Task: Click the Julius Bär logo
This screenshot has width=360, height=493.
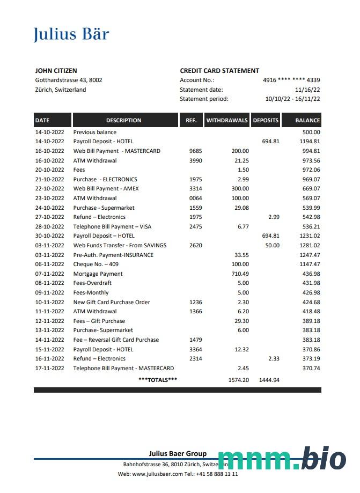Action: click(x=71, y=34)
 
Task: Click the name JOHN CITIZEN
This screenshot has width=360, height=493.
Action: click(x=56, y=71)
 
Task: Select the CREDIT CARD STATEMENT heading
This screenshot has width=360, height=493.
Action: click(x=219, y=71)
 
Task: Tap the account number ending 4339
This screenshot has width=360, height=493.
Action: click(x=291, y=80)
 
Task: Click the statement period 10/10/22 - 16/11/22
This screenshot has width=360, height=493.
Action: click(x=293, y=99)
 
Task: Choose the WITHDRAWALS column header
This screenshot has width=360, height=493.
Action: click(x=227, y=120)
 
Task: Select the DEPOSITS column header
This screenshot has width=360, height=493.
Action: click(x=266, y=120)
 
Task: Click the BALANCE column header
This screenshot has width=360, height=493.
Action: click(x=307, y=120)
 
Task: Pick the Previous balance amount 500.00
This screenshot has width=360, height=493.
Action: click(x=311, y=132)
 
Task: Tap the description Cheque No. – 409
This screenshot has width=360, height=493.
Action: click(x=96, y=264)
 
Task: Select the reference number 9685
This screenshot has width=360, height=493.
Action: click(x=195, y=151)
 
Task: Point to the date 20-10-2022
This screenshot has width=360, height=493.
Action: click(x=49, y=170)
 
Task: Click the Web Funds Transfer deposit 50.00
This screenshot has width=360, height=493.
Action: click(x=272, y=245)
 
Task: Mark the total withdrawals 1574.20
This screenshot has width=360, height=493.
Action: click(x=238, y=380)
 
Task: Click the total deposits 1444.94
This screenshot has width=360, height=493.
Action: click(x=269, y=380)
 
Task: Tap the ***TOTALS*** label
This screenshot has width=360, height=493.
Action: click(x=158, y=380)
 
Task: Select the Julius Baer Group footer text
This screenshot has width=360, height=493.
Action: click(x=178, y=454)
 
